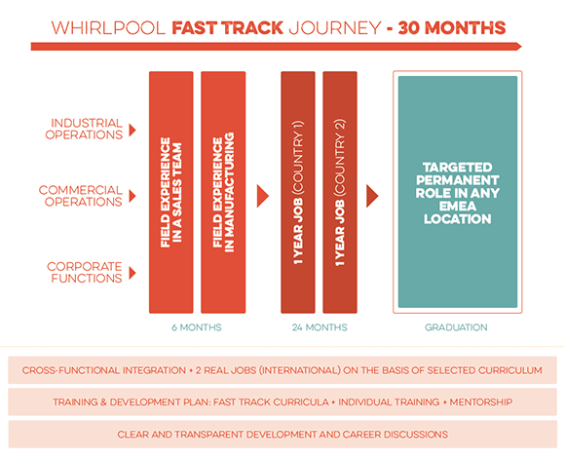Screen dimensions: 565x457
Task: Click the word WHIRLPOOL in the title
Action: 108,28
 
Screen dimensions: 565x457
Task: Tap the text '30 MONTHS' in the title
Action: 452,28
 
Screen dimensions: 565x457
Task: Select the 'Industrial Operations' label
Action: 84,129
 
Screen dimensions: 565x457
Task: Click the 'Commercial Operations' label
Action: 81,196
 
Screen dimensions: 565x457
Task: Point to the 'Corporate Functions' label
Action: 85,272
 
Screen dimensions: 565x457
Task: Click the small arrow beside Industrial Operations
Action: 132,130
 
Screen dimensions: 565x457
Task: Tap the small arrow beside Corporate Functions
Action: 132,273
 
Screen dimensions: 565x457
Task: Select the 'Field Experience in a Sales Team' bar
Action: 171,192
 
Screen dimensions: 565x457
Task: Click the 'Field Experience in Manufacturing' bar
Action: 223,192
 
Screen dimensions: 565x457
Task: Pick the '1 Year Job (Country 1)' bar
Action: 298,192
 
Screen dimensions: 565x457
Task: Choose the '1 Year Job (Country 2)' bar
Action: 340,192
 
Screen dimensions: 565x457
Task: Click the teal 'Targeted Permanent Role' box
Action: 458,192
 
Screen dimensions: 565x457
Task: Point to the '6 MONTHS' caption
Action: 197,327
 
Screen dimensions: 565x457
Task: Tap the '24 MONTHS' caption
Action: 320,327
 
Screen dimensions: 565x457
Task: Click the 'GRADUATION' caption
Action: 456,327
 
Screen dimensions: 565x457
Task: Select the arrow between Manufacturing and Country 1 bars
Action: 262,196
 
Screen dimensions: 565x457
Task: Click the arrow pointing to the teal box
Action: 372,196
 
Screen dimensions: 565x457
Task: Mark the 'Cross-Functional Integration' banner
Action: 282,370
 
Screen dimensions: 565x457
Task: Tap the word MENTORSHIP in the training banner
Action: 481,401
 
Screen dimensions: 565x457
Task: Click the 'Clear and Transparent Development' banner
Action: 282,435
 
